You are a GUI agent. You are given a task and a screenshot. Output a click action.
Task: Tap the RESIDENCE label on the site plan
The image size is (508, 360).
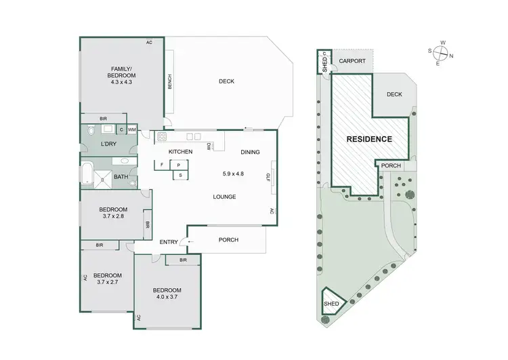(369, 139)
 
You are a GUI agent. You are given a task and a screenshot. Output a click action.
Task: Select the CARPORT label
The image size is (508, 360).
(352, 61)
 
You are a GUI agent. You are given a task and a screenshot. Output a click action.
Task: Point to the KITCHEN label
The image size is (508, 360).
(180, 152)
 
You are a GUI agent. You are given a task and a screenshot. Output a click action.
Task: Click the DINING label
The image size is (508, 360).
(250, 152)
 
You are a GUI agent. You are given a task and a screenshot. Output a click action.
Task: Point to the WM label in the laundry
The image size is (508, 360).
(131, 129)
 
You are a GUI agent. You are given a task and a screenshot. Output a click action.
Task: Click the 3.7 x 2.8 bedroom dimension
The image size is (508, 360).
(113, 216)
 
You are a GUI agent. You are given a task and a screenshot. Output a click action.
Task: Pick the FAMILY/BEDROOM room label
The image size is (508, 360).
(123, 72)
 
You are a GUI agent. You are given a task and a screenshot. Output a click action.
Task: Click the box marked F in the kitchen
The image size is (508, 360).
(162, 164)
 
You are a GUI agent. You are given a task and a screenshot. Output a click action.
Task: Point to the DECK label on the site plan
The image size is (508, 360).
(394, 94)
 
